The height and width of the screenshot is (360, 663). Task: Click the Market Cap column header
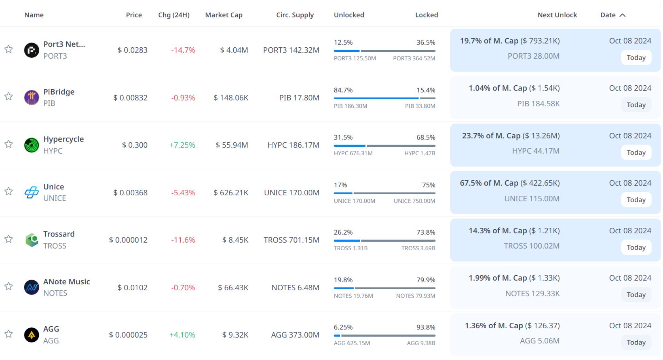(224, 15)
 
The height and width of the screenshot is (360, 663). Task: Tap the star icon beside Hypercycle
(9, 144)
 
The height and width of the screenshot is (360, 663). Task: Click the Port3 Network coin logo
(31, 50)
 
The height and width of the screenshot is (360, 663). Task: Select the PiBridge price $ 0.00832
(130, 98)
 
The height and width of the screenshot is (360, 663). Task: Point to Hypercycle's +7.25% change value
(182, 145)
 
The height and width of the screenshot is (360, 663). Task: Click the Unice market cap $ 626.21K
(231, 193)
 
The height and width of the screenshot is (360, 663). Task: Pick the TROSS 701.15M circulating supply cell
(291, 240)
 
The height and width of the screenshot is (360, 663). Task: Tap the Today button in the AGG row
(636, 342)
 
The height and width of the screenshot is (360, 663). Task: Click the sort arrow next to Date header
(623, 15)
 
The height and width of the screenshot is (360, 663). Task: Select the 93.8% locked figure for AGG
(425, 327)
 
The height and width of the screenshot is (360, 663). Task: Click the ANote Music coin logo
(31, 287)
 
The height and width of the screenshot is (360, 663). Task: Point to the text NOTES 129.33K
(532, 293)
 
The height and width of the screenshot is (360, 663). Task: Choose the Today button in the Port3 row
(636, 58)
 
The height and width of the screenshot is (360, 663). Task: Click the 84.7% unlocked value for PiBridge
(343, 90)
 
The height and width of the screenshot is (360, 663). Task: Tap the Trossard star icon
(9, 239)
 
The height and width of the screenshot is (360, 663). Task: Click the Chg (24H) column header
(174, 15)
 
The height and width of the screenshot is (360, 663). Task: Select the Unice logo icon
(31, 192)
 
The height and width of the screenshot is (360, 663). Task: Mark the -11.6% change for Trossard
(183, 240)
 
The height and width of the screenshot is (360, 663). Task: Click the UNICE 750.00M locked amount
(414, 201)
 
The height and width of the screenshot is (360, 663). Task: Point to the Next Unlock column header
(557, 15)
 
